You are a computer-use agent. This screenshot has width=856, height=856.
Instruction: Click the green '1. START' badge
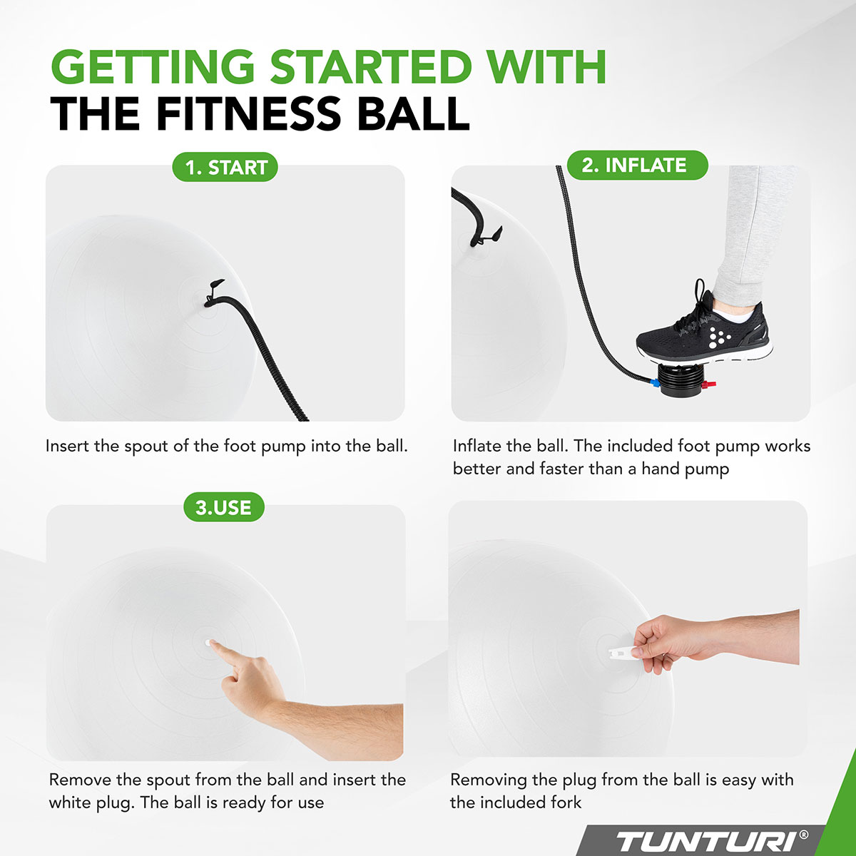pyautogui.click(x=225, y=168)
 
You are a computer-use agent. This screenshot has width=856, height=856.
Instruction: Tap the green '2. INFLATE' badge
pyautogui.click(x=634, y=165)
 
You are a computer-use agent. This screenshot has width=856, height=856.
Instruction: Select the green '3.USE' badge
pyautogui.click(x=223, y=508)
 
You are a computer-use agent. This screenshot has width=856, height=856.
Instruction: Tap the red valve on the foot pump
pyautogui.click(x=709, y=386)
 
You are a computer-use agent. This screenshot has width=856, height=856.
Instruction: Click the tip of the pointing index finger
pyautogui.click(x=215, y=645)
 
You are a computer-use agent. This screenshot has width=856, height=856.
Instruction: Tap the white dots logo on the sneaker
pyautogui.click(x=720, y=333)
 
